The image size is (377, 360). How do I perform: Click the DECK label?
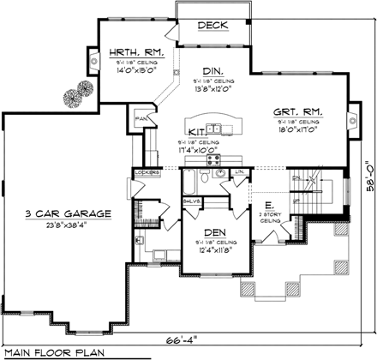click(x=211, y=27)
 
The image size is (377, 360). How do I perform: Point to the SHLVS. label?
click(x=190, y=202)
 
